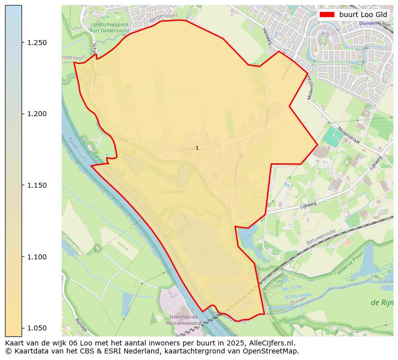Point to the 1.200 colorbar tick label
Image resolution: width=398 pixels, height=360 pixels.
click(37, 114)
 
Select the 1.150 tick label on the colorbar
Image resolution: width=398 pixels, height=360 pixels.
click(37, 186)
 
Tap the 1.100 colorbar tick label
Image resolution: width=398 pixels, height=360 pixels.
click(37, 257)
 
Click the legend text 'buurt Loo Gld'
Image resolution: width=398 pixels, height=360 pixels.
click(363, 15)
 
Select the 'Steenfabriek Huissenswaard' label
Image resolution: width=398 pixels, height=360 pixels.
click(184, 320)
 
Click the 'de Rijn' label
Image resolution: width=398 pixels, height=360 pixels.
click(381, 303)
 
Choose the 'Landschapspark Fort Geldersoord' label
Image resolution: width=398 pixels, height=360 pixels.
click(109, 27)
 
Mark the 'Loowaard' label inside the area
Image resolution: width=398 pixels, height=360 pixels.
click(174, 192)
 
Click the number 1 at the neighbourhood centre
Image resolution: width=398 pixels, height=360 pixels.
click(197, 148)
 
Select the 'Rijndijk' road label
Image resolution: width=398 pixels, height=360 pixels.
click(81, 325)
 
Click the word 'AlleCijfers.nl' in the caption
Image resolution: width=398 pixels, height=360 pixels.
click(271, 343)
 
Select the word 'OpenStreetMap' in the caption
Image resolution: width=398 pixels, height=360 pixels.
click(271, 351)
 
